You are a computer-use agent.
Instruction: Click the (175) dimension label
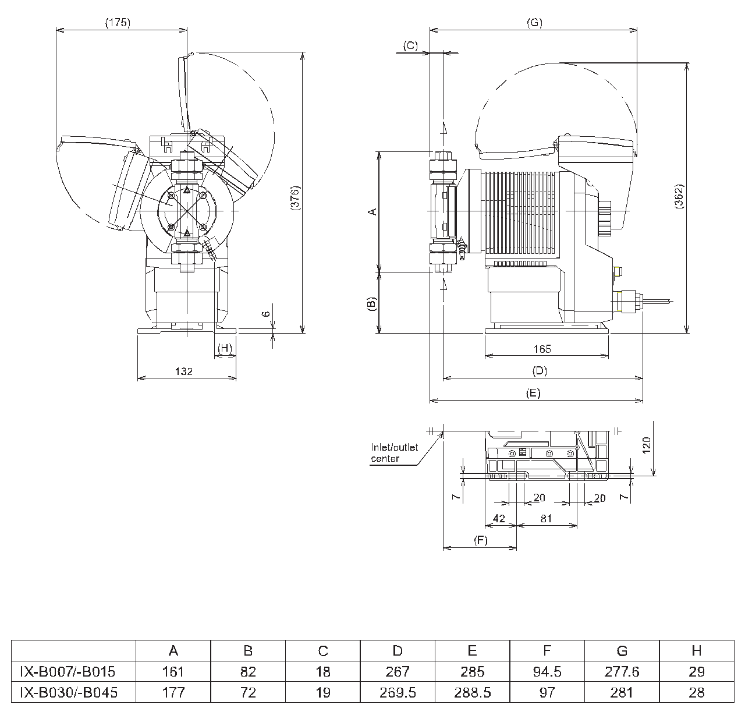click(x=118, y=23)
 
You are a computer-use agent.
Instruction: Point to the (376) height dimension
click(x=295, y=201)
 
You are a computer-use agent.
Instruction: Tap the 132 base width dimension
click(x=183, y=371)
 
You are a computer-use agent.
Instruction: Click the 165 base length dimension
click(x=541, y=349)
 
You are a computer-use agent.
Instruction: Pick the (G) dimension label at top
click(x=534, y=23)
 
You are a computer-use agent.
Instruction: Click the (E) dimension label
click(x=533, y=393)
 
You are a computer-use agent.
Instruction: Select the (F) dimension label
click(x=480, y=540)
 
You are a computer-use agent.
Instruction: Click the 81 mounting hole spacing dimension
click(x=546, y=518)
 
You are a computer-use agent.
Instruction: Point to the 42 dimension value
click(x=499, y=518)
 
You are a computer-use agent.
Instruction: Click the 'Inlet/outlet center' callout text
click(x=394, y=453)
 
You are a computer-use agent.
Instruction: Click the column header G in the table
click(x=622, y=650)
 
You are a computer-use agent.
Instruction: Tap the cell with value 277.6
click(x=622, y=671)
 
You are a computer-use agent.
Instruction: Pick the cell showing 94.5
click(x=547, y=671)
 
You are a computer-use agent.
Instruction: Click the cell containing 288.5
click(x=472, y=692)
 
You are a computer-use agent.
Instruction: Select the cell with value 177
click(x=173, y=692)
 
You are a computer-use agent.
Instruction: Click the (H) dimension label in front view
click(x=225, y=348)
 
